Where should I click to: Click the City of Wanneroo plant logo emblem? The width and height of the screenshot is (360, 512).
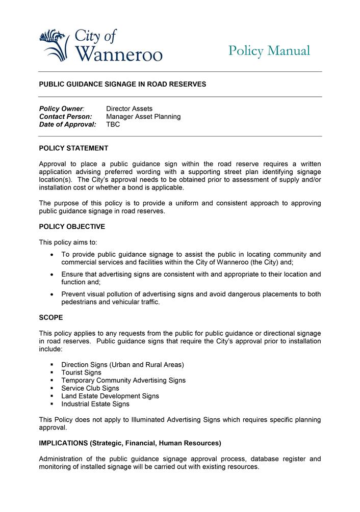click(54, 45)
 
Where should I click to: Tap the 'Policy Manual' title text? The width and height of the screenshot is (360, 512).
click(269, 51)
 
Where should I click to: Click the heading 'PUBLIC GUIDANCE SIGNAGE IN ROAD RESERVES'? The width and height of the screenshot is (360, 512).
click(122, 84)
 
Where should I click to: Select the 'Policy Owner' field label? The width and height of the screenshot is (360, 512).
click(62, 109)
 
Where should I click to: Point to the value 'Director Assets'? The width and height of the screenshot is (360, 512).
click(129, 109)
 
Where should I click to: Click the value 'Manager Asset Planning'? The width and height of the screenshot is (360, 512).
click(143, 117)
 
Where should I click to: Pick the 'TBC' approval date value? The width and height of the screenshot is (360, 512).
click(113, 124)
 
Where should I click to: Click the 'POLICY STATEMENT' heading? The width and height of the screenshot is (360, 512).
click(73, 148)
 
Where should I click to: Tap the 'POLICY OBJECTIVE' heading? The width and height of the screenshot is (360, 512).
click(72, 227)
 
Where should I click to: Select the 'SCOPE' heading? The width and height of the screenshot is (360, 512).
click(51, 317)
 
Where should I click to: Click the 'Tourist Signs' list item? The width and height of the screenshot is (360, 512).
click(81, 372)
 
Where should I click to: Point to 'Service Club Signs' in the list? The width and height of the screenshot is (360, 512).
click(90, 388)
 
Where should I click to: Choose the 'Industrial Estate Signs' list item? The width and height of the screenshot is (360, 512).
click(95, 404)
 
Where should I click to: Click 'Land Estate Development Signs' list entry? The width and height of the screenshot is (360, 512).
click(110, 396)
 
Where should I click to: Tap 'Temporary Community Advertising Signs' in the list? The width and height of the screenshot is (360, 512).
click(123, 381)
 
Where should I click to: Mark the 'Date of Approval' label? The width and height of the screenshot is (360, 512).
click(67, 124)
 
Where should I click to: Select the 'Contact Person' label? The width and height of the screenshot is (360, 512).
click(65, 117)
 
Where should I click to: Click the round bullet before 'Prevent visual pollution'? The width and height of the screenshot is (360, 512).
click(52, 294)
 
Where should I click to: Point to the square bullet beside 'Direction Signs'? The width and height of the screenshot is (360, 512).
click(52, 365)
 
